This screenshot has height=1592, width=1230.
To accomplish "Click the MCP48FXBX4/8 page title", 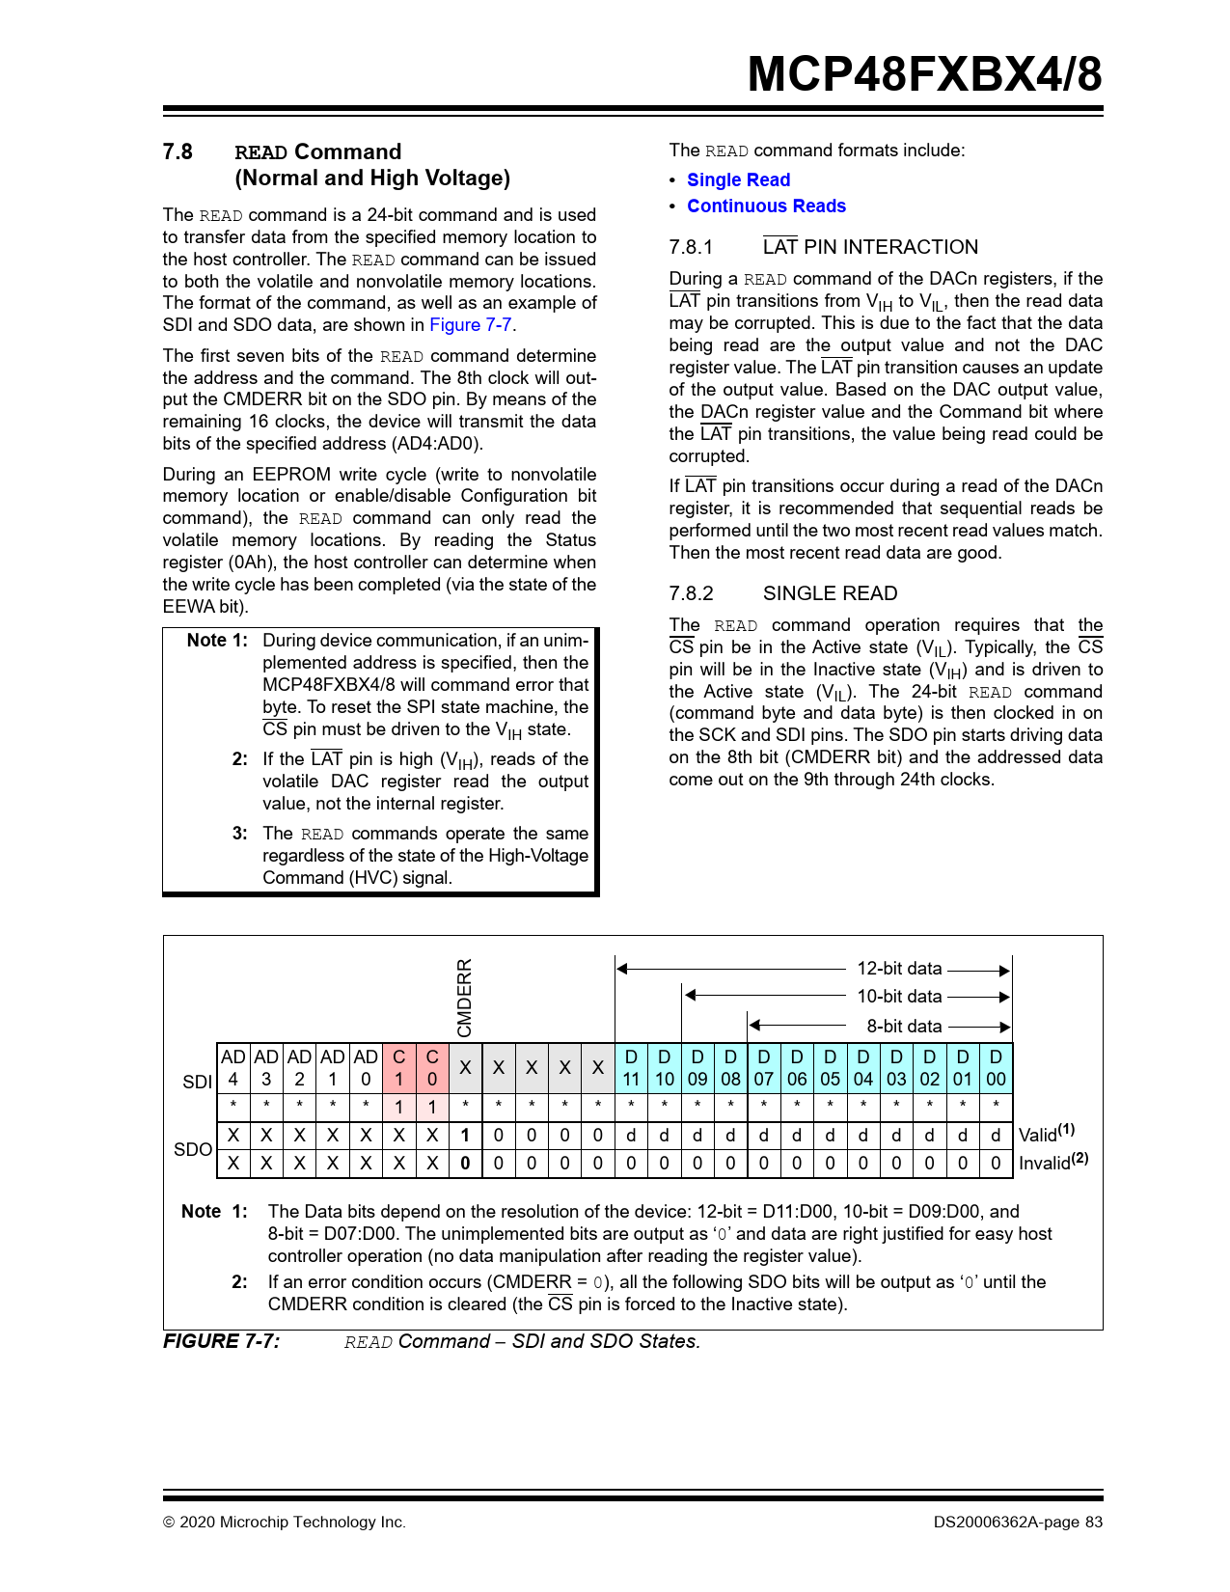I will point(924,74).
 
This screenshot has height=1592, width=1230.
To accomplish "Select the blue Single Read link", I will point(738,180).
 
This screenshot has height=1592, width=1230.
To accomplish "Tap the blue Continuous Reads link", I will point(766,206).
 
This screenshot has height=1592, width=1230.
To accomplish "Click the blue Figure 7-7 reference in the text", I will point(471,325).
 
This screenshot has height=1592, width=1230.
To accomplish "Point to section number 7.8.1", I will point(691,247).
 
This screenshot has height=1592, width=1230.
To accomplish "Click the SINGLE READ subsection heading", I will point(830,593).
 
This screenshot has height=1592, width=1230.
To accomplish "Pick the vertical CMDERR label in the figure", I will point(465,998).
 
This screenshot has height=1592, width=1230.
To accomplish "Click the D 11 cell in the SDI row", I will point(631,1068).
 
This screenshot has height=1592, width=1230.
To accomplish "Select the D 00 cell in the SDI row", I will point(996,1068).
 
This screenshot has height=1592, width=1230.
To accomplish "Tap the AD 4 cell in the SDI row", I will point(233,1068).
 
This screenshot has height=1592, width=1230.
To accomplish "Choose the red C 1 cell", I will point(398,1068).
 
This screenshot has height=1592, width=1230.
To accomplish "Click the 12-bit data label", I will point(899,969).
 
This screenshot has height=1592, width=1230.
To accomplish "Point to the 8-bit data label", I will point(904,1027).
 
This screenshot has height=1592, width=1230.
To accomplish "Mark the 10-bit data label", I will point(899,997).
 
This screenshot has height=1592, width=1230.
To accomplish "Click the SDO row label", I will point(192,1149).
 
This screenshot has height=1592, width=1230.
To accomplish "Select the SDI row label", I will point(197,1082).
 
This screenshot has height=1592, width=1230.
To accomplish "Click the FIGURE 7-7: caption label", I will point(222,1341).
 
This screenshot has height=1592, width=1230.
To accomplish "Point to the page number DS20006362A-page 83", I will point(1018,1523).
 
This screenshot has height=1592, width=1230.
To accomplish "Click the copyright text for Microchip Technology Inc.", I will point(285,1523).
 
